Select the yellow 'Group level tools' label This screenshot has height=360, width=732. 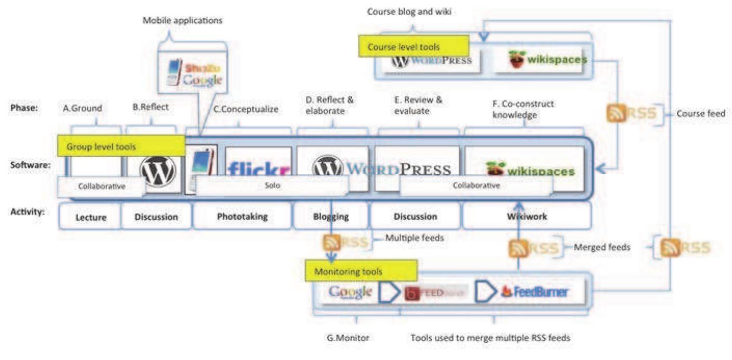pos(120,147)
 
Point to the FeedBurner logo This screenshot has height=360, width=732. pos(534,292)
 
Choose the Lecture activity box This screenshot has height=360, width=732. pos(91,216)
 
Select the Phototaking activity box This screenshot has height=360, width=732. pos(242,216)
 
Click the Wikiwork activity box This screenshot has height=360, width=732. pos(526,216)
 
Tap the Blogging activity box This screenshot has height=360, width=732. pos(331,216)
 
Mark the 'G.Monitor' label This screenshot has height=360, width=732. pos(348,338)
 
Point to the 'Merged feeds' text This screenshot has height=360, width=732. pos(601,248)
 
